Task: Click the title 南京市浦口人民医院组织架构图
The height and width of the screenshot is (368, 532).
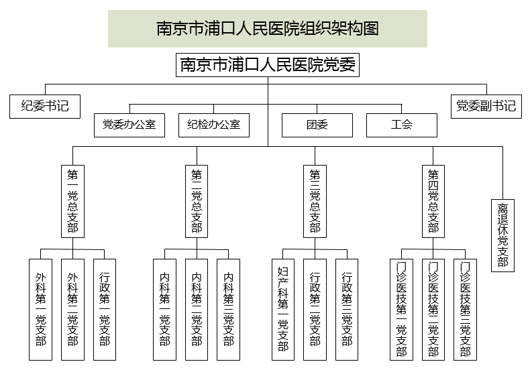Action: coord(268,29)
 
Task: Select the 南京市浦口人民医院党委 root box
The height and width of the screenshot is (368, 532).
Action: coord(268,66)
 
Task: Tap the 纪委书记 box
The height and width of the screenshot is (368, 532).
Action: coord(45,106)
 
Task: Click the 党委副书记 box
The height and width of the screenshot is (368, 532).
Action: coord(486,106)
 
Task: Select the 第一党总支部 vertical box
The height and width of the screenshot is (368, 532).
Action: coord(72,201)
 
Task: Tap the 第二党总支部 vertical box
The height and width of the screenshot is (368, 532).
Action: coord(197,201)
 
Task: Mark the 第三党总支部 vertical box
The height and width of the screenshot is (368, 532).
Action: coord(315,201)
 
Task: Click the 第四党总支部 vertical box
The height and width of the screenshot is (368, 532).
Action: coord(433,201)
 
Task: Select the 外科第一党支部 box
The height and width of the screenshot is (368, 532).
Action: coord(41,309)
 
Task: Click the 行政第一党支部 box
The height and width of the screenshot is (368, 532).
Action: coord(105,309)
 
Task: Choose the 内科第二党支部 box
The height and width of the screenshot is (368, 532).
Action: coord(197,309)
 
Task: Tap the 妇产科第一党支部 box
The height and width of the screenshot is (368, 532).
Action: coord(282,309)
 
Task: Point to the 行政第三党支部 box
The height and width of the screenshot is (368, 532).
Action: coord(347,309)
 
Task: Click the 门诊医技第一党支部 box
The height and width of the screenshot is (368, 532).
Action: coord(401,309)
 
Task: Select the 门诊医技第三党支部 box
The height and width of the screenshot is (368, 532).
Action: coord(465,309)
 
